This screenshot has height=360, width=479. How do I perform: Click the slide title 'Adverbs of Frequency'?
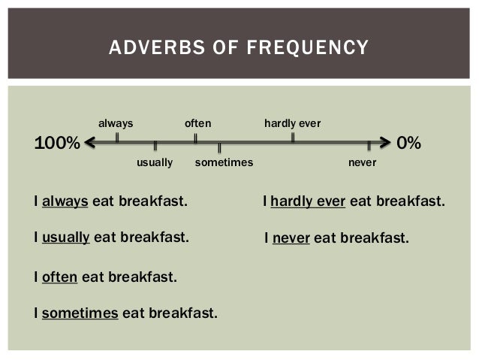[x=239, y=49]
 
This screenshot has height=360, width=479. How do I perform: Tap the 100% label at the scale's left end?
[x=57, y=142]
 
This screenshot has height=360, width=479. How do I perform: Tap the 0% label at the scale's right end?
[x=408, y=142]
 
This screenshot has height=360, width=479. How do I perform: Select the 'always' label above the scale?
[x=116, y=123]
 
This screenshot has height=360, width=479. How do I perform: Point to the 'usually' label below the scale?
[x=155, y=162]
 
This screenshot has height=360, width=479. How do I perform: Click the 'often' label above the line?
[x=198, y=123]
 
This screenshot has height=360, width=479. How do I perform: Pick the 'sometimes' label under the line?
[x=224, y=162]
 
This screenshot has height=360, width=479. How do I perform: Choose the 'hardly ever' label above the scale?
[x=293, y=123]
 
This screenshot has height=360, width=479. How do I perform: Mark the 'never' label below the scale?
[x=363, y=162]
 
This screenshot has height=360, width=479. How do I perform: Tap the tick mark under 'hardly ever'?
[x=293, y=138]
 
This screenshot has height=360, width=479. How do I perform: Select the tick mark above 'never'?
[x=369, y=146]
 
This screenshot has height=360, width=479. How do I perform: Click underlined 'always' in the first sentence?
[x=65, y=202]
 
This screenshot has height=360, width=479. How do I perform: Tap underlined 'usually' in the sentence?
[x=66, y=238]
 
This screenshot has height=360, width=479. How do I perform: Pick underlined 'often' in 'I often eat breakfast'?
[x=60, y=277]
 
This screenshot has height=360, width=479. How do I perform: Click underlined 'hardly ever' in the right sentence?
[x=308, y=202]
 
